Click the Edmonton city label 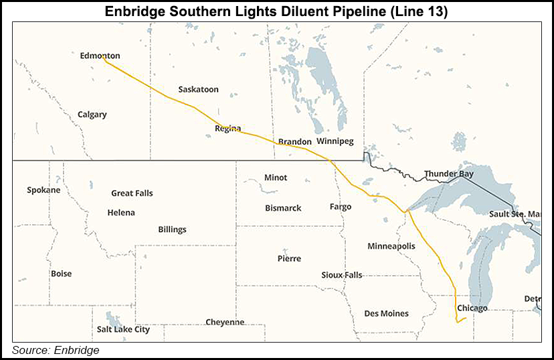point(100,56)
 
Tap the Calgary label point(92,114)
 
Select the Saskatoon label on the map point(198,89)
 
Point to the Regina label point(227,128)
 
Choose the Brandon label point(294,142)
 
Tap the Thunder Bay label point(449,174)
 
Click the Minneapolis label point(391,246)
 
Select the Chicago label point(472,308)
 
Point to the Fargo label point(340,207)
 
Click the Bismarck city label point(283,208)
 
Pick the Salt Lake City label point(123,329)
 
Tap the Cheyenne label point(225,322)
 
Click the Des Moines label point(386,313)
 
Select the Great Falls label point(132,193)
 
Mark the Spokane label point(43,190)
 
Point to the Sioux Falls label point(341,275)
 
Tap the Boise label point(61,274)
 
